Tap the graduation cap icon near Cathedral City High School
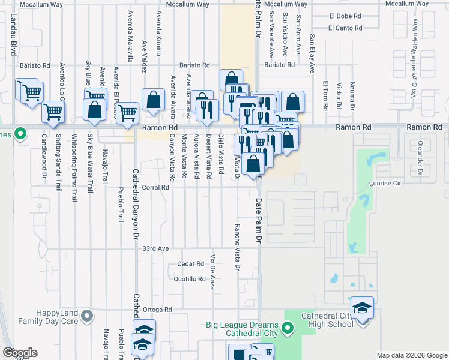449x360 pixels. [x=363, y=308]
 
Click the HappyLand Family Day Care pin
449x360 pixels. [x=88, y=316]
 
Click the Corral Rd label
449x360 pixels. [x=155, y=188]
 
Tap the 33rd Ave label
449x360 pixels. [x=154, y=248]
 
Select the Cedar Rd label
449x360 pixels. [x=191, y=264]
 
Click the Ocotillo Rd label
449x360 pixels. [x=190, y=279]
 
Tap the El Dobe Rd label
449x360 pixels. [x=345, y=16]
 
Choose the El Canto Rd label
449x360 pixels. [x=345, y=28]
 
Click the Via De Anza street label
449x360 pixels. [x=212, y=272]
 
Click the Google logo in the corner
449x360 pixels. [x=20, y=353]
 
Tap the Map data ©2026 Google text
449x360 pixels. [x=412, y=355]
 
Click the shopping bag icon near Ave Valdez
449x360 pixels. [x=154, y=100]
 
